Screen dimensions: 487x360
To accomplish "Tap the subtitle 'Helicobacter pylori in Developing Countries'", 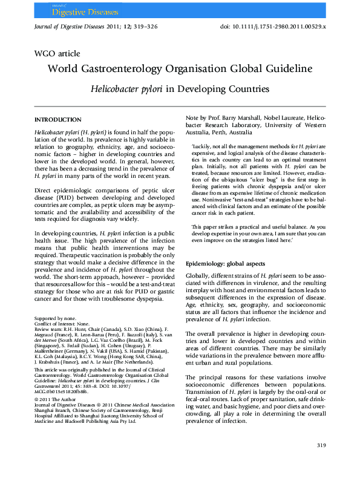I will (180, 88).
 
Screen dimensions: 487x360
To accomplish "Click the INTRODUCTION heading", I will (58, 120).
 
